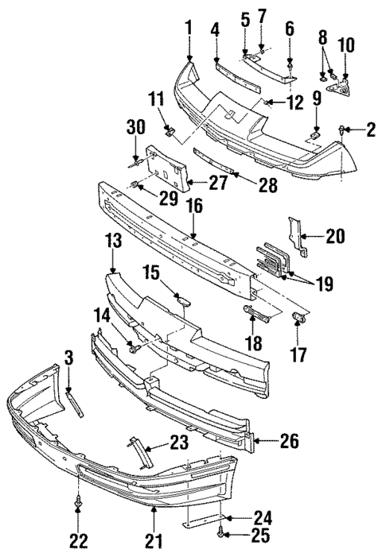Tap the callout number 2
click(x=370, y=129)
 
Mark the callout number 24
click(x=262, y=517)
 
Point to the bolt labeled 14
click(x=136, y=346)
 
